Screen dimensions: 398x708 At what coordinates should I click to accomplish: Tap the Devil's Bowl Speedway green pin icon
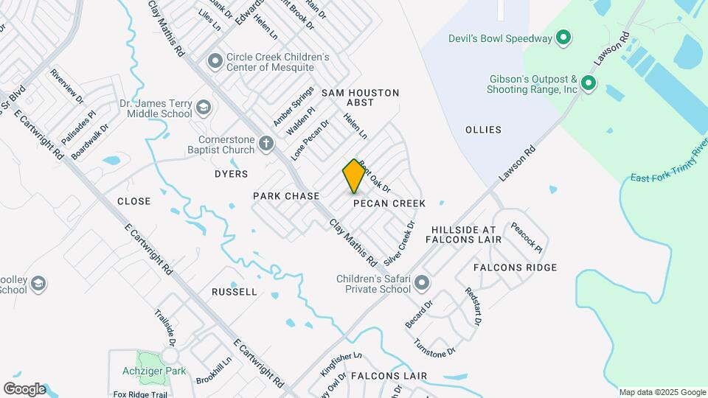(563, 38)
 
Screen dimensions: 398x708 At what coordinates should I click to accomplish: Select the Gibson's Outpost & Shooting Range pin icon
(588, 83)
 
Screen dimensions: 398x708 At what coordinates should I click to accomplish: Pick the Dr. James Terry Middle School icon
(203, 109)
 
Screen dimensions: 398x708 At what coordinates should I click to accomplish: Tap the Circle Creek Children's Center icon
(215, 60)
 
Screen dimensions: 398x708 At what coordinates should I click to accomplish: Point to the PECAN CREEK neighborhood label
(389, 203)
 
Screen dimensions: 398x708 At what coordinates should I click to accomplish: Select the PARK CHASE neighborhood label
(286, 196)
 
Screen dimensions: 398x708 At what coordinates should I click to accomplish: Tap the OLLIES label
(483, 130)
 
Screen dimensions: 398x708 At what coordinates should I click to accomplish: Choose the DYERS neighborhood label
(231, 174)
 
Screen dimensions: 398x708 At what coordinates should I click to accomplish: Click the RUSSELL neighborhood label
(235, 292)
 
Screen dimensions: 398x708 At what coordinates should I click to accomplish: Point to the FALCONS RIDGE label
(515, 268)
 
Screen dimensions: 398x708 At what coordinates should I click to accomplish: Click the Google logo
(24, 388)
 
